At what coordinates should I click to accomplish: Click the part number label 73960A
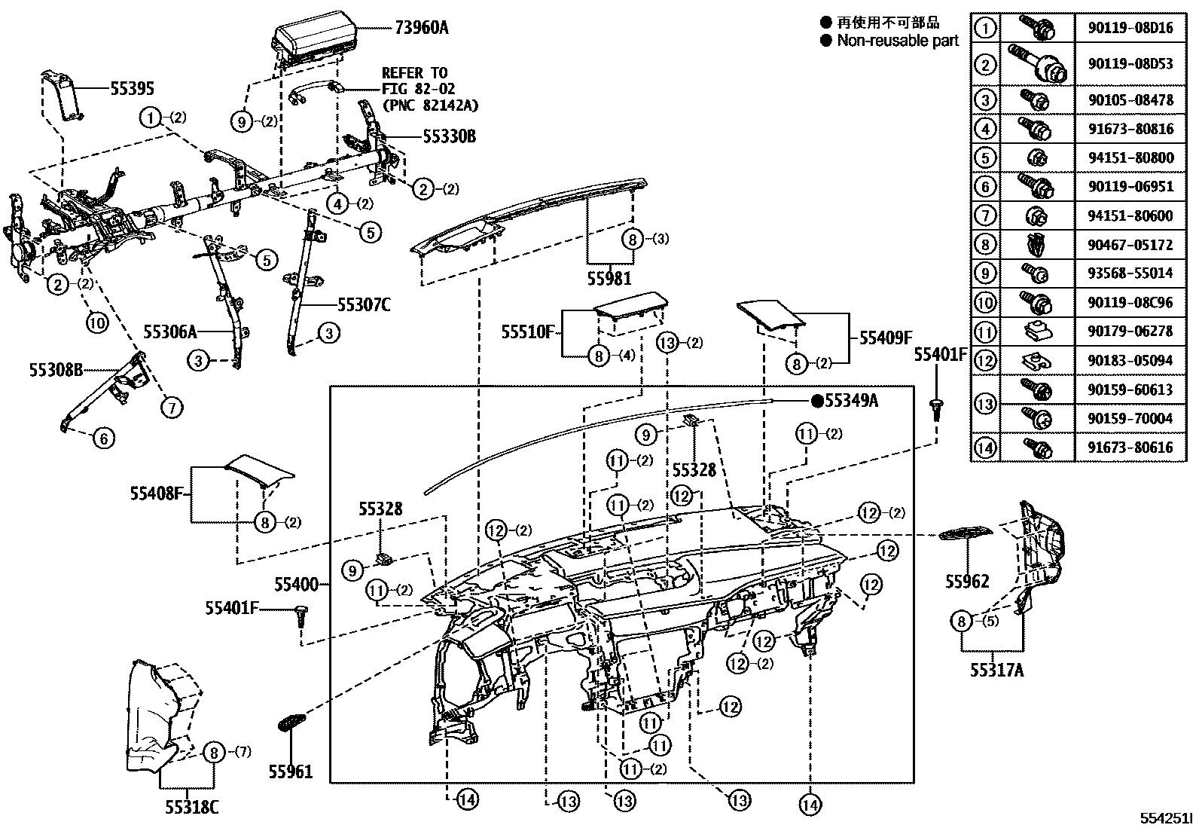(421, 28)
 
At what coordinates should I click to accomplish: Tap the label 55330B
(449, 136)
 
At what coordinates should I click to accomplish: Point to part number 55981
(609, 279)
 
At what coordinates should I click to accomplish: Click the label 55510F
(528, 331)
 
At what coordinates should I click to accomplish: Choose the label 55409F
(886, 338)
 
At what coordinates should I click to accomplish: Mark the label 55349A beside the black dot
(851, 401)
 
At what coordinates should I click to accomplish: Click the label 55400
(296, 584)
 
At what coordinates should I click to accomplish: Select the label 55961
(290, 771)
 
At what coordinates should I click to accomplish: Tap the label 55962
(967, 581)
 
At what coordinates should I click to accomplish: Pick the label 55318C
(192, 807)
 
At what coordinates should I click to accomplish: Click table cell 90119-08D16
(1130, 29)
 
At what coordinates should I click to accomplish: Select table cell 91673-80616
(1130, 448)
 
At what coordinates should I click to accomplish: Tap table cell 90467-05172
(1130, 245)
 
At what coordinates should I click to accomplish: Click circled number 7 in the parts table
(984, 216)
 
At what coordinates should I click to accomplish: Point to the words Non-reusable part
(898, 41)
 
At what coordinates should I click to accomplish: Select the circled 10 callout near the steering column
(97, 322)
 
